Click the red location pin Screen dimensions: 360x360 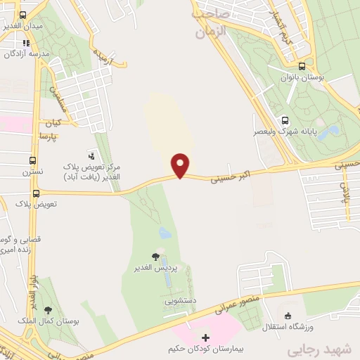coord(181,165)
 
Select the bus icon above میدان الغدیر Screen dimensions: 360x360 coord(23,15)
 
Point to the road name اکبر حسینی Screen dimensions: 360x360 coord(231,174)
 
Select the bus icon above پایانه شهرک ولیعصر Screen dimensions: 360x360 coord(285,120)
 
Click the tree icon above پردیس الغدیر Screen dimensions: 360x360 coord(155,257)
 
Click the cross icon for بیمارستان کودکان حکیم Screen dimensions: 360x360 coord(205,338)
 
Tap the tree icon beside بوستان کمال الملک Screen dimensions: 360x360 coord(48,310)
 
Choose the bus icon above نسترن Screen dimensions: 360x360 coord(33,160)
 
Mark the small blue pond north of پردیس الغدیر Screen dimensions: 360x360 coord(165,232)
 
